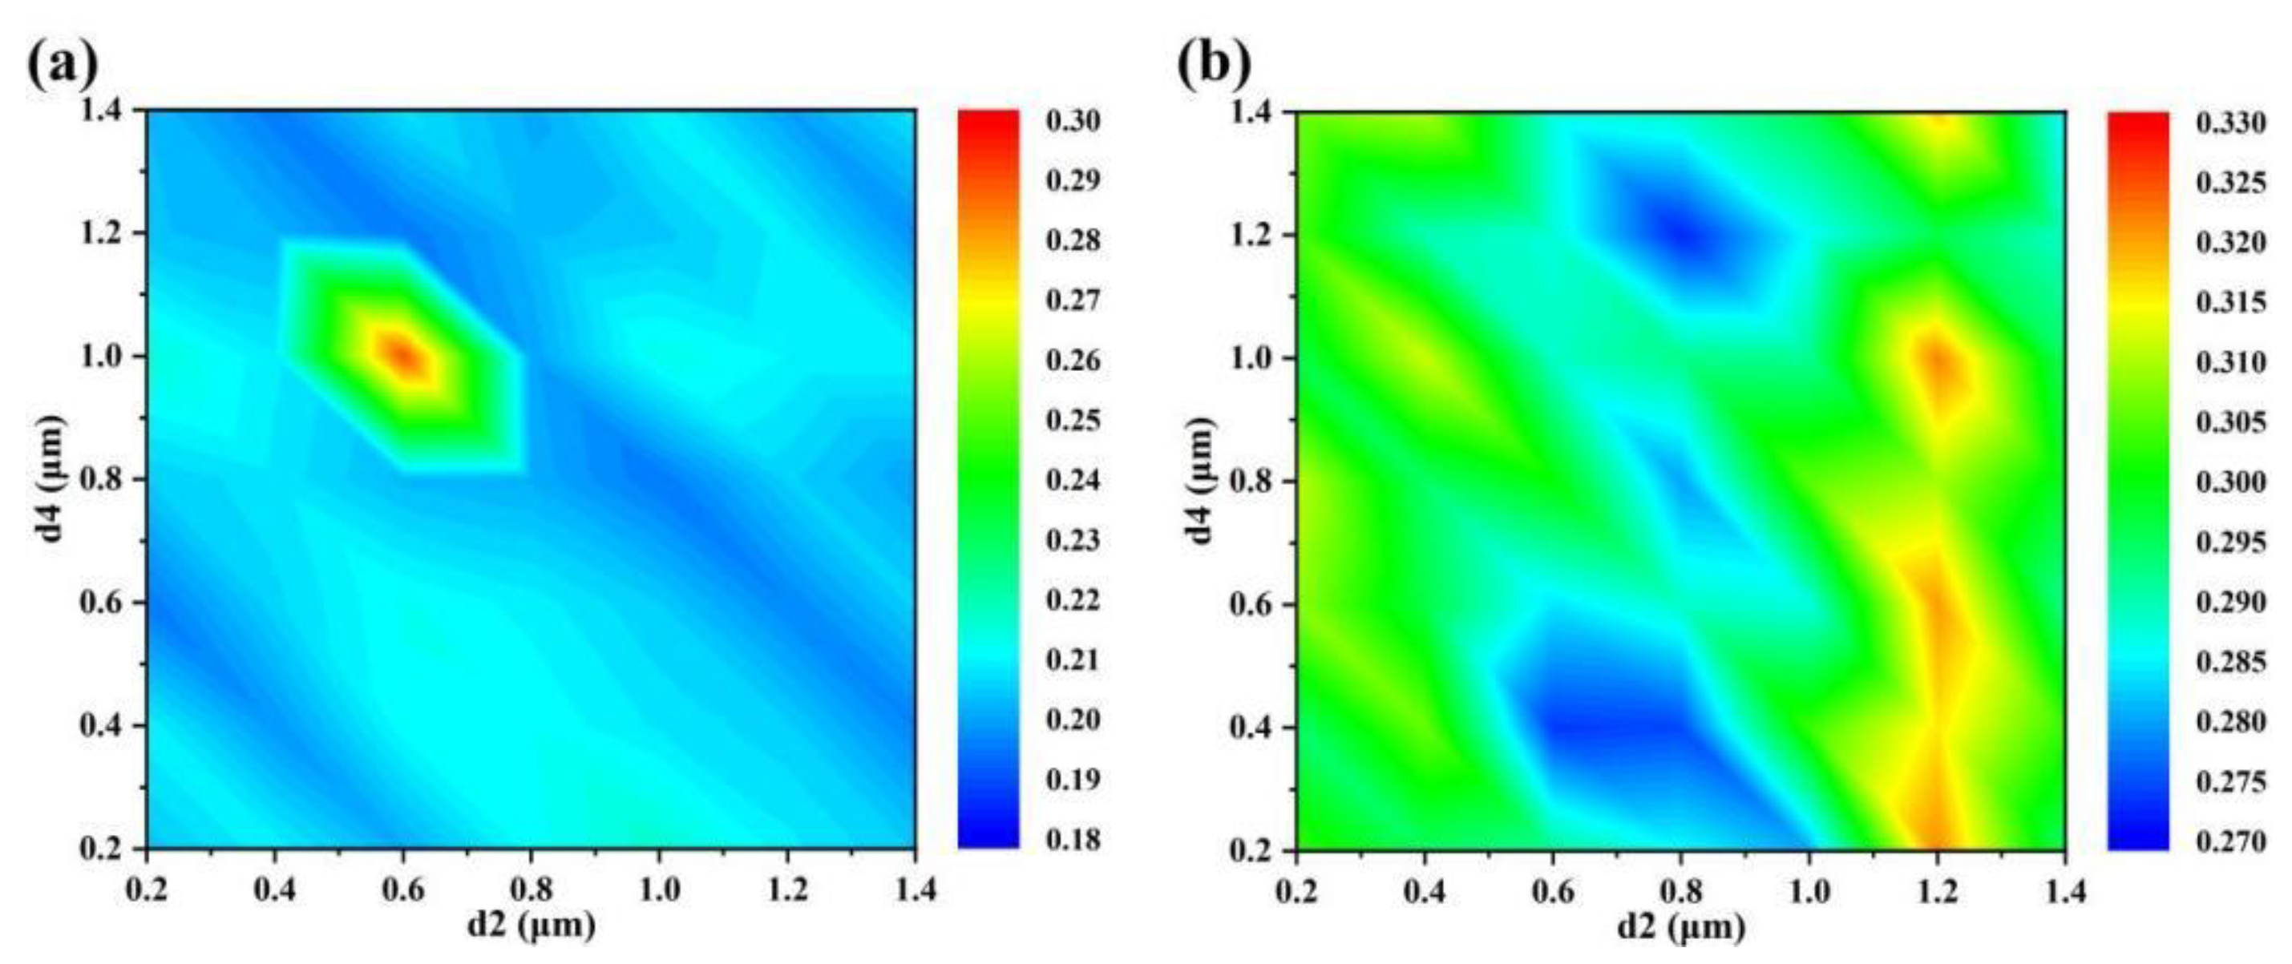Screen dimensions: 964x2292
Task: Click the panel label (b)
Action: click(x=1214, y=63)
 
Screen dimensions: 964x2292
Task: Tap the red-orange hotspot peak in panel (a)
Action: click(x=403, y=356)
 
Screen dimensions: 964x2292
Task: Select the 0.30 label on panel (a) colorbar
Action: click(x=1072, y=121)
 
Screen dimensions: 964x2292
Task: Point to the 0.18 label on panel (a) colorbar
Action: click(x=1072, y=840)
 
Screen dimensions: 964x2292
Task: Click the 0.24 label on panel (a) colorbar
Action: click(x=1072, y=480)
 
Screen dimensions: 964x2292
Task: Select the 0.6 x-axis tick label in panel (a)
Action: click(x=403, y=889)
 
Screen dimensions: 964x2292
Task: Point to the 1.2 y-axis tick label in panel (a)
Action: click(x=105, y=234)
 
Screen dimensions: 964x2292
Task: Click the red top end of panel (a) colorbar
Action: click(x=988, y=120)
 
